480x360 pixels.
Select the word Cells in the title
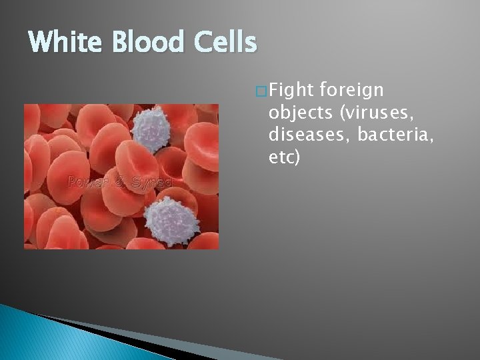pos(227,43)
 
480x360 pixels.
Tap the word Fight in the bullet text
pos(293,89)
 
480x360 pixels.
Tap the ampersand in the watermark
pos(120,182)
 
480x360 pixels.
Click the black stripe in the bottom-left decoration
pos(100,327)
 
